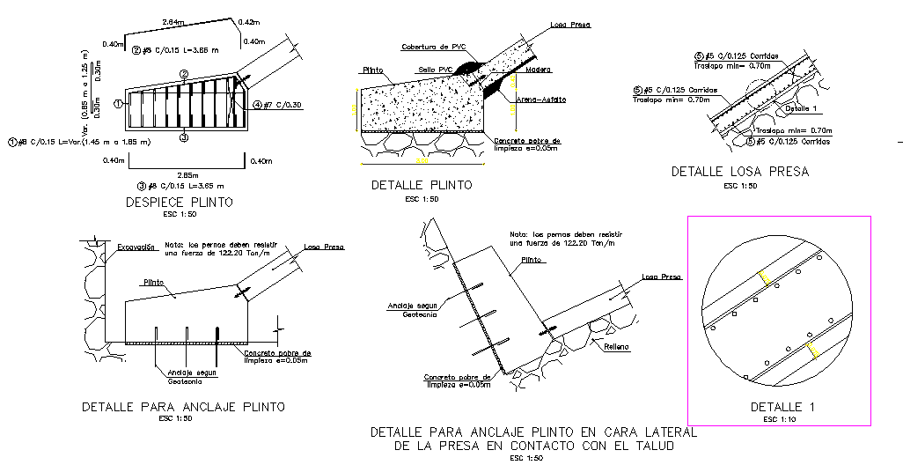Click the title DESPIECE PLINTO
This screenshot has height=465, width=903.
(180, 203)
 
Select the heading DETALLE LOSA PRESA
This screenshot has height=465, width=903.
(738, 172)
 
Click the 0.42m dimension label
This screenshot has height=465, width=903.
(250, 21)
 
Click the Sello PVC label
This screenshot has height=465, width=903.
(434, 68)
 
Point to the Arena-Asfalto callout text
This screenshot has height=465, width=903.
(541, 100)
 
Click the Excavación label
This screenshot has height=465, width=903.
(136, 247)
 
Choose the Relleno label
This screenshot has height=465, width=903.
(616, 346)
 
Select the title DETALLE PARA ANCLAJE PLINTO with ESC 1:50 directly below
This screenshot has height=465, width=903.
(183, 408)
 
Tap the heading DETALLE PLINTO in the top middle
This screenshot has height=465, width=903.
(421, 185)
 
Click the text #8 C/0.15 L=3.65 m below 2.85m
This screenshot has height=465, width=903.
(186, 186)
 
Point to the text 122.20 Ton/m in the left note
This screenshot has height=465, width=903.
(226, 253)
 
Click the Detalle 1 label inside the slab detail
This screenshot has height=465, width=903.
(802, 108)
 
